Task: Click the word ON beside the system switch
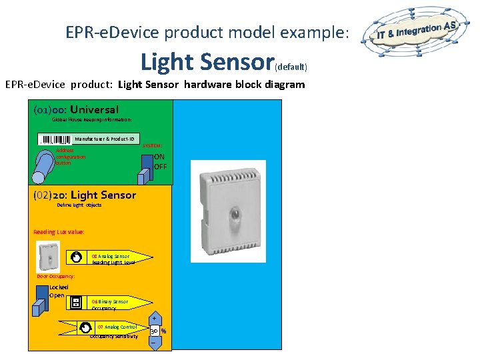[159, 157]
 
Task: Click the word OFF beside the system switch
[160, 167]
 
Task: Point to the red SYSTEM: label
[152, 145]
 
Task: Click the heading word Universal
[94, 109]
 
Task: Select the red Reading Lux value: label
[59, 232]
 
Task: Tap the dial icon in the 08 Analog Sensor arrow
[78, 257]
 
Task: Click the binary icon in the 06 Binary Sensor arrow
[77, 302]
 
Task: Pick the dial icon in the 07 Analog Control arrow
[87, 327]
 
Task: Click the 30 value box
[154, 331]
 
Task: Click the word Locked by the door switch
[59, 287]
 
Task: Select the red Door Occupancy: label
[55, 276]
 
